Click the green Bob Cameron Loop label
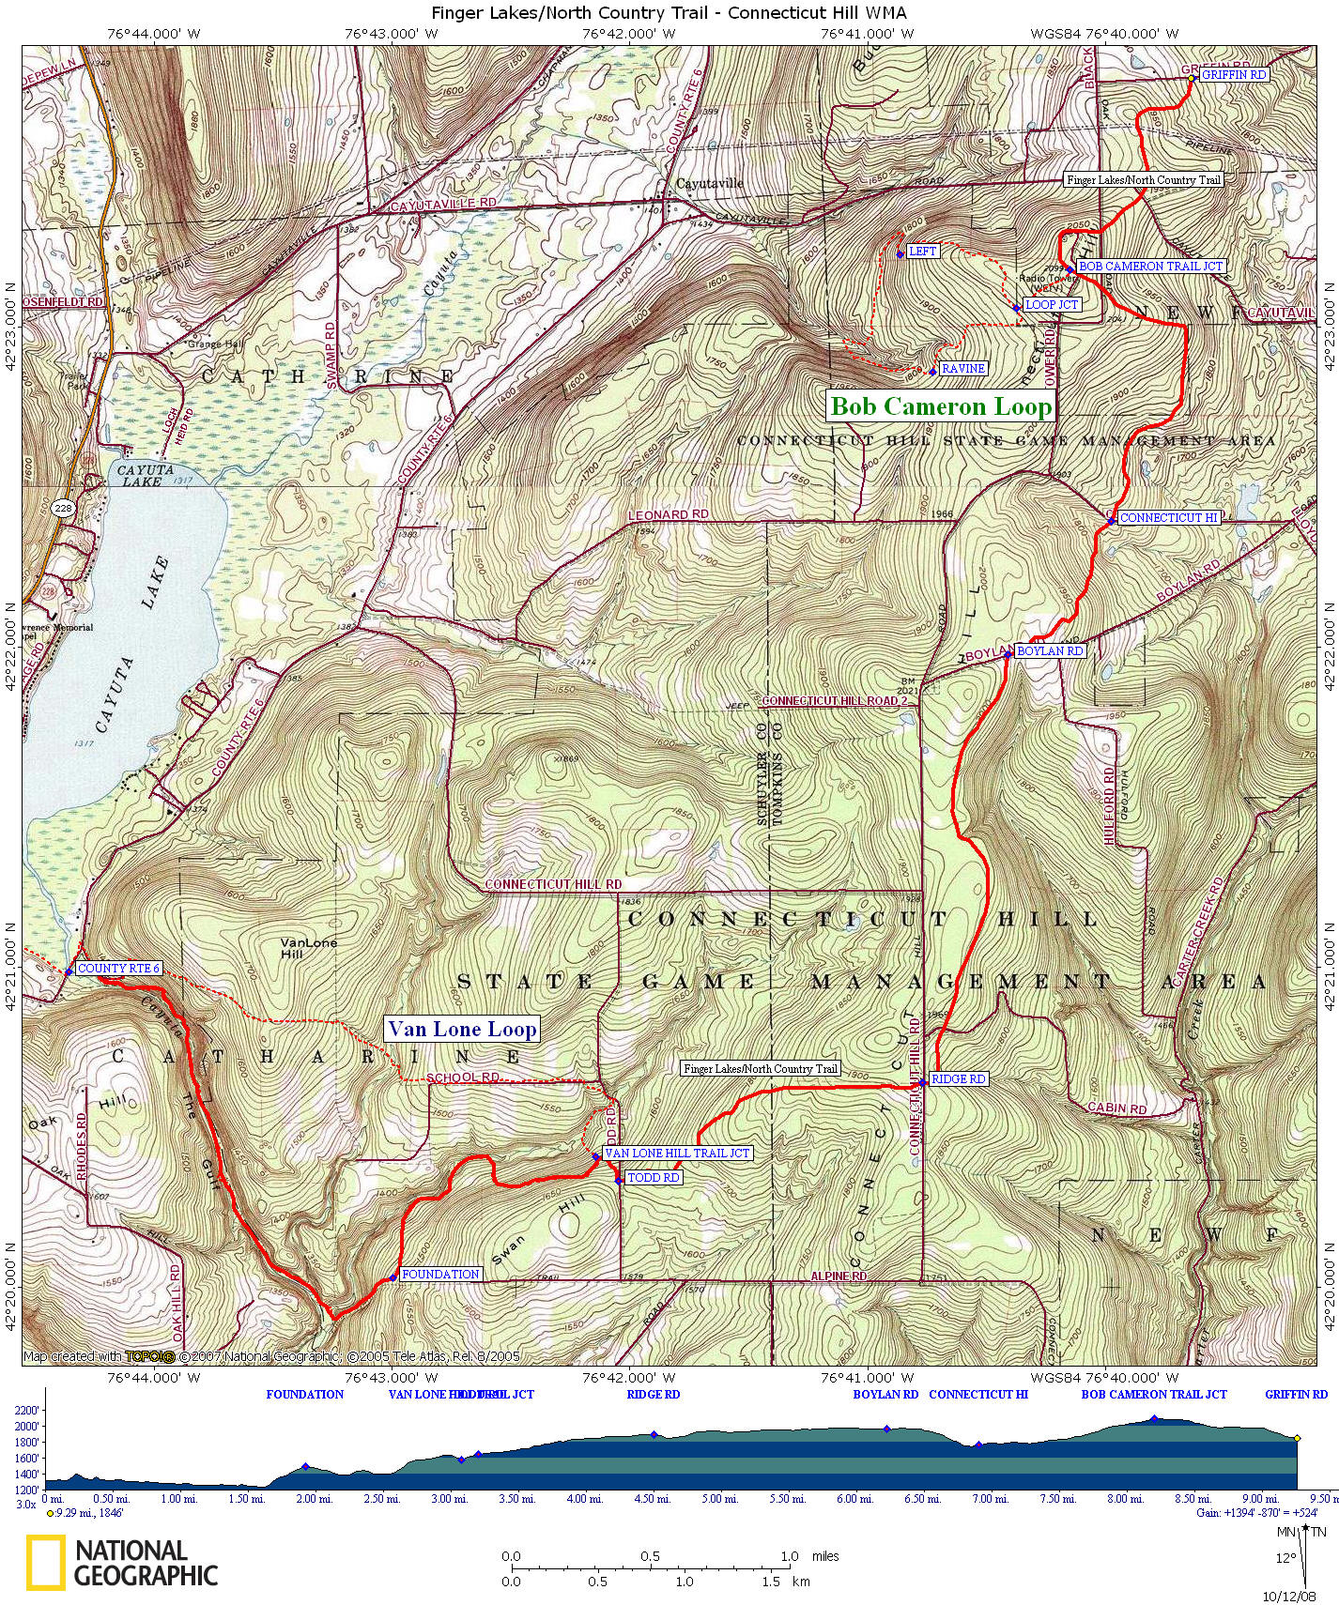941,406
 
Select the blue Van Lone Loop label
462,1029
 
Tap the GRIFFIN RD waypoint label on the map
1234,74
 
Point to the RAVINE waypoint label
963,369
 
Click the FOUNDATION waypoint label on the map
440,1274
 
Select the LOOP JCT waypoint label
1053,305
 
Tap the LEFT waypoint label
923,252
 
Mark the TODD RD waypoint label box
653,1177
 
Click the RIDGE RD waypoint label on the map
959,1079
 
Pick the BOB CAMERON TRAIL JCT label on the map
1150,267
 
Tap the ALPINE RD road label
839,1276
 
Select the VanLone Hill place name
309,948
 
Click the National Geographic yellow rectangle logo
45,1562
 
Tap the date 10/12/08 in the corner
1289,1596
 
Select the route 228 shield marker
63,508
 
